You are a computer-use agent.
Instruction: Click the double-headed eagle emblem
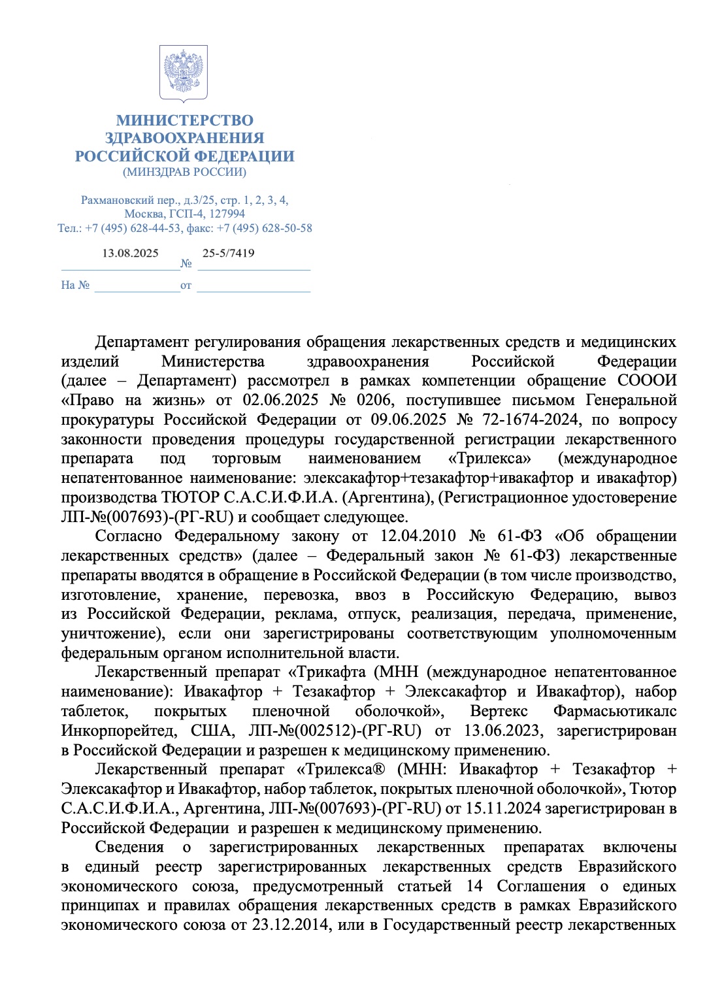tap(184, 73)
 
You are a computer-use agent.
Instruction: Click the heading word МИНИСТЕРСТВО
tap(184, 120)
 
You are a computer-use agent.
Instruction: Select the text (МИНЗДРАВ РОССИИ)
tap(184, 173)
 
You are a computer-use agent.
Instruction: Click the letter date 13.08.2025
tap(130, 254)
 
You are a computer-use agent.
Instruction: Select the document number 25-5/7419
tap(228, 254)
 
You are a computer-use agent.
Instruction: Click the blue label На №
tap(74, 286)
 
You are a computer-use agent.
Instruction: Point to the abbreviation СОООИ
tap(647, 381)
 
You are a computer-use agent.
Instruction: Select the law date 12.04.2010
tap(418, 536)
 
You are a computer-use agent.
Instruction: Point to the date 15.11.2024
tap(502, 809)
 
